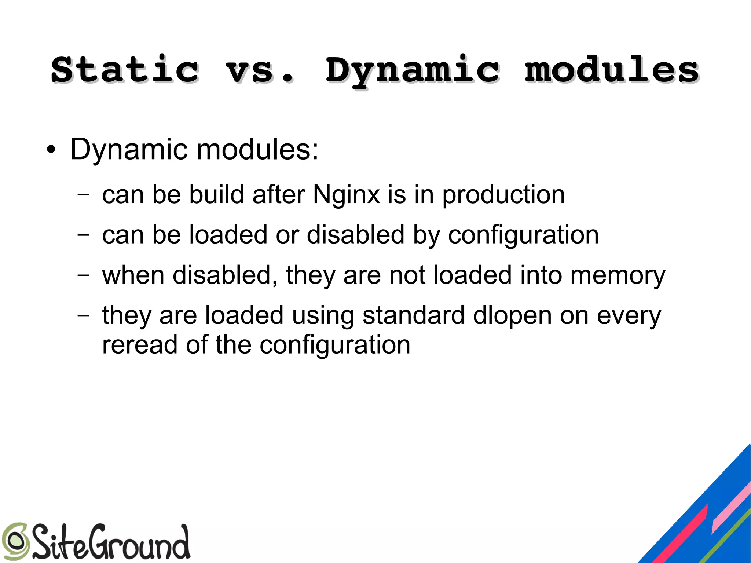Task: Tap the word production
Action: click(503, 195)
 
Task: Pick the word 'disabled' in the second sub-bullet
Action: click(355, 235)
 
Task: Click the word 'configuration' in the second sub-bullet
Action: click(523, 235)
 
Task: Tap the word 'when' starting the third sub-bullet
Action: click(133, 275)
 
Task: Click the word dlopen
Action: click(512, 316)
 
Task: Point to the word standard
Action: click(413, 315)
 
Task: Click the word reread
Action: click(140, 345)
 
